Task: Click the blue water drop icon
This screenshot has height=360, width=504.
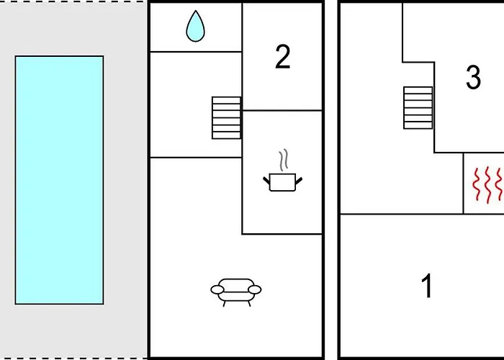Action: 195,27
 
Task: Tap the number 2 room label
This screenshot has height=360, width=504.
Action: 283,57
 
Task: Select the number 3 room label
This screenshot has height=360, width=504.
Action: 474,78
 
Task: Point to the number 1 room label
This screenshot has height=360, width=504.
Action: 427,286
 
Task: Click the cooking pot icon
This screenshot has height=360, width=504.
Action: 282,182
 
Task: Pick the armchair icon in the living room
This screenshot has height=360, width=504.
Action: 236,292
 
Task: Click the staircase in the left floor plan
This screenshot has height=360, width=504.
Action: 226,117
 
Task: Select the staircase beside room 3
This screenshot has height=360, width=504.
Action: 418,108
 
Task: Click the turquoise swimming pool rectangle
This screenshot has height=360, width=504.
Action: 59,180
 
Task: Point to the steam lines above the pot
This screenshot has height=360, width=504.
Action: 283,160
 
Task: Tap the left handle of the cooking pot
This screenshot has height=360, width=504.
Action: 266,181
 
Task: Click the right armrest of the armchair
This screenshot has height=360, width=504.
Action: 255,289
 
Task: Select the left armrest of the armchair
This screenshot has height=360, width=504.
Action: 217,289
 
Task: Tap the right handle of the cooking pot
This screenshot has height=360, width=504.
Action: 299,181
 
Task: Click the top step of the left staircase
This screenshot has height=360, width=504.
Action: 226,100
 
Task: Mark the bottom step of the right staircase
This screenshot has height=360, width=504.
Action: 418,125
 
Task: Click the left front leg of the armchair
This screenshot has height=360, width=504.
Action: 224,304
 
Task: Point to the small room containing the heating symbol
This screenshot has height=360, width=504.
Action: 483,183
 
